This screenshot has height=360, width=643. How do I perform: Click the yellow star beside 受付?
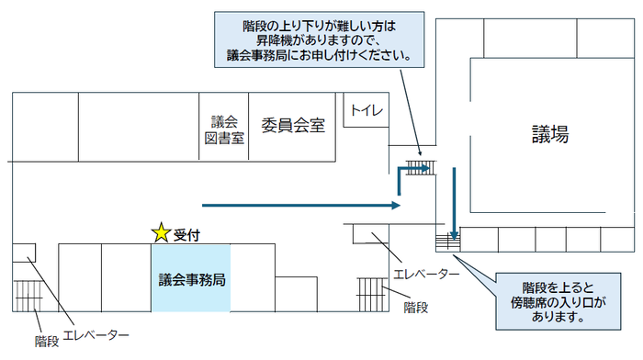click(x=162, y=233)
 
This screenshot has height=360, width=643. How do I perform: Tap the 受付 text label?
click(x=187, y=234)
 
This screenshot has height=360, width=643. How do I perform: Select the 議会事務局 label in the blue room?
click(x=191, y=277)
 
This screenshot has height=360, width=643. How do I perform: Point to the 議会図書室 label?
click(x=224, y=129)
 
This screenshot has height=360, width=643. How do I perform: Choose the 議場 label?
click(x=549, y=134)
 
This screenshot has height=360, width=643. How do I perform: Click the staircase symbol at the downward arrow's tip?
click(x=448, y=241)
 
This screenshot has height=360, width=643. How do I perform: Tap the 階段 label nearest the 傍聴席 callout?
click(x=416, y=308)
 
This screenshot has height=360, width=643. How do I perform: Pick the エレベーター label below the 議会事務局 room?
click(x=96, y=334)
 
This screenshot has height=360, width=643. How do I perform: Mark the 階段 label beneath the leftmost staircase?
click(x=47, y=341)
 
